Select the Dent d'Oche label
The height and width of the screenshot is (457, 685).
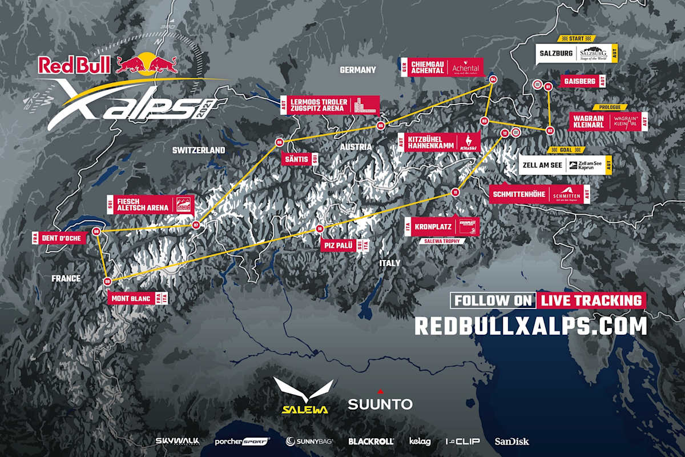point(59,237)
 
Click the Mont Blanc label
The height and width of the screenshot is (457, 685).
point(137,298)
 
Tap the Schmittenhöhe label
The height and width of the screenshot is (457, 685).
point(540,194)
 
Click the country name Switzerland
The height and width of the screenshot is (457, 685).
point(199,150)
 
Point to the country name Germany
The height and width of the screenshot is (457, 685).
point(358,70)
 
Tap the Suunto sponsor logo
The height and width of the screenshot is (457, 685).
point(380,403)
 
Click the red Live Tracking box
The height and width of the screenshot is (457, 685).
point(591,300)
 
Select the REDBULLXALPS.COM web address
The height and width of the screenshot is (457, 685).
point(530,326)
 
